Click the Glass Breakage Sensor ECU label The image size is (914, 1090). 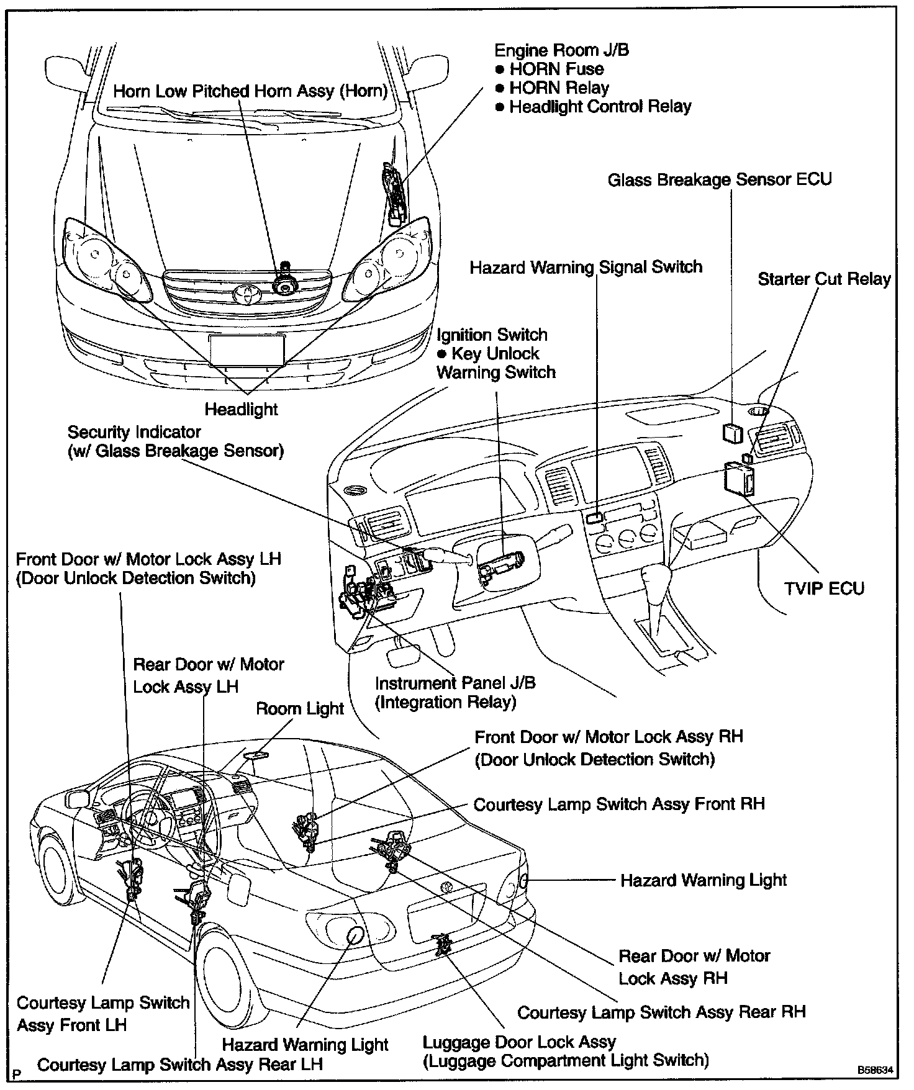pyautogui.click(x=719, y=180)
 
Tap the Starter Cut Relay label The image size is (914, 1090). pyautogui.click(x=824, y=279)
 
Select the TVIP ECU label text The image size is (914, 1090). pyautogui.click(x=824, y=588)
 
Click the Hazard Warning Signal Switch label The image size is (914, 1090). pyautogui.click(x=586, y=268)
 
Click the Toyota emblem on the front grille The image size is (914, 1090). pyautogui.click(x=248, y=294)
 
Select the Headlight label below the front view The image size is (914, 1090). pyautogui.click(x=242, y=410)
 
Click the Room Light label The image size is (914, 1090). pyautogui.click(x=299, y=709)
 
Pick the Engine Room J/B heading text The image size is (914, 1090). pyautogui.click(x=561, y=50)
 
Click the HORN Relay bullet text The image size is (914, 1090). pyautogui.click(x=559, y=88)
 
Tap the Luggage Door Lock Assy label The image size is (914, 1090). pyautogui.click(x=519, y=1042)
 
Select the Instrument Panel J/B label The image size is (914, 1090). pyautogui.click(x=455, y=683)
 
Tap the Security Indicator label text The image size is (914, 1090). pyautogui.click(x=134, y=432)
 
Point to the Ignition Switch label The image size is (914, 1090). pyautogui.click(x=492, y=335)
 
